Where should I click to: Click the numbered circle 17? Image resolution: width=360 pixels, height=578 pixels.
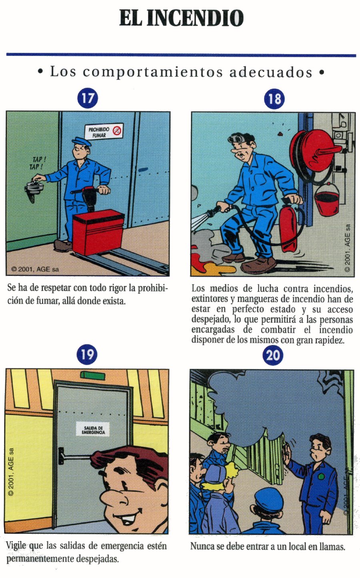tap(88, 98)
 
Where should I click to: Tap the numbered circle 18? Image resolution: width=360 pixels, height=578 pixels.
tap(274, 99)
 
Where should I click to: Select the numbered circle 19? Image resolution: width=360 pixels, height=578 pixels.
tap(87, 354)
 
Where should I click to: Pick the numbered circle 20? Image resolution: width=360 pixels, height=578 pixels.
tap(273, 355)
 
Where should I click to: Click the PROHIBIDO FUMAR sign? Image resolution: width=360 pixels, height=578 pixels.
tap(104, 132)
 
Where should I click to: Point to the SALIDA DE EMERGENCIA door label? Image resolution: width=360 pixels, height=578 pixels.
tap(93, 430)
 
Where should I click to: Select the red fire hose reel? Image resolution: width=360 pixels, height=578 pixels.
tap(316, 153)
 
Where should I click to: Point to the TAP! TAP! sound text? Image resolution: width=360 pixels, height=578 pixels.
tap(38, 163)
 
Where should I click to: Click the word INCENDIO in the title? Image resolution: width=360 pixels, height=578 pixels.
tap(195, 18)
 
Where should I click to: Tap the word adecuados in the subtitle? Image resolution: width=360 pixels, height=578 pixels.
tap(271, 72)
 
